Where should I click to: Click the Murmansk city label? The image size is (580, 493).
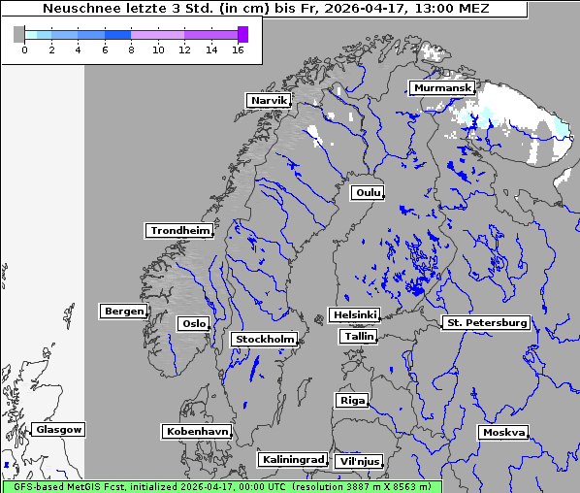pos(442,88)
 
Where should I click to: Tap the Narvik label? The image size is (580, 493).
pos(269,101)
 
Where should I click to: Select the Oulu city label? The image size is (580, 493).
pos(367,192)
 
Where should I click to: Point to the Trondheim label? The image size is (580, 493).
pos(179,231)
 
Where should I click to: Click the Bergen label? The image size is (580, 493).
pos(122,312)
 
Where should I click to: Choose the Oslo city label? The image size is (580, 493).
pos(193,323)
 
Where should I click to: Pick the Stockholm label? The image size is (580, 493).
pos(265,339)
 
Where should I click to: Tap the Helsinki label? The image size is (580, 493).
pos(354,315)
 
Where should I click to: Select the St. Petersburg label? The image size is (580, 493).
pos(485,322)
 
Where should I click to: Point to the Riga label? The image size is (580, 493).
pos(351,400)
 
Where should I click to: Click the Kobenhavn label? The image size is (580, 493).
pos(197,431)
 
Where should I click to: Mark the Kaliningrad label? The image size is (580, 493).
pos(292,459)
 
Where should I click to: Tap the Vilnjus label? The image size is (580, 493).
pos(359,462)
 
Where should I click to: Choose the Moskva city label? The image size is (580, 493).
pos(503,433)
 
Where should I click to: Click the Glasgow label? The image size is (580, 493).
pos(59,429)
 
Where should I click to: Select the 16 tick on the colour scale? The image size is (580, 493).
pos(238,50)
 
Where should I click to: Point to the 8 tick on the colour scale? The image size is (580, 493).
pos(131,50)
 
